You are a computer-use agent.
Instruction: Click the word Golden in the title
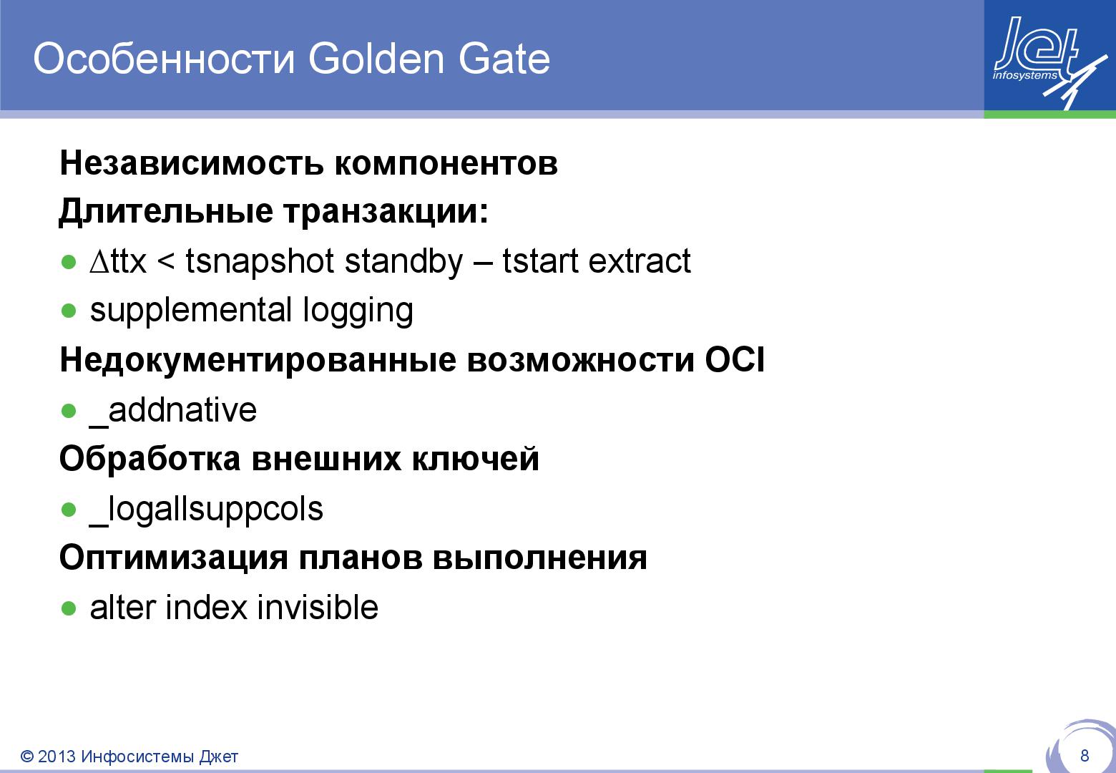tap(376, 59)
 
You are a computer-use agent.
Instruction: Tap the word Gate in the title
tap(504, 59)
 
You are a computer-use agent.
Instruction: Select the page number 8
tap(1085, 755)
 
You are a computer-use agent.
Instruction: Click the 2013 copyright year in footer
tap(56, 757)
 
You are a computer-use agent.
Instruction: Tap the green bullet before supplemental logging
tap(69, 311)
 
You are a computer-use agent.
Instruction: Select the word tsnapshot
tap(260, 262)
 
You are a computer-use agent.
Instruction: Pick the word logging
tap(358, 311)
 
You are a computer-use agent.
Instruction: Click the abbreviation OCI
tap(735, 360)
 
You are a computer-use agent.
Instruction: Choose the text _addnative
tap(172, 410)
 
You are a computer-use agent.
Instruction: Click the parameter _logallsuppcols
tap(206, 510)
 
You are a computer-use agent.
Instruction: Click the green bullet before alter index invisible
tap(69, 608)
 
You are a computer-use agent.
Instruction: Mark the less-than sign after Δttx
tap(165, 263)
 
